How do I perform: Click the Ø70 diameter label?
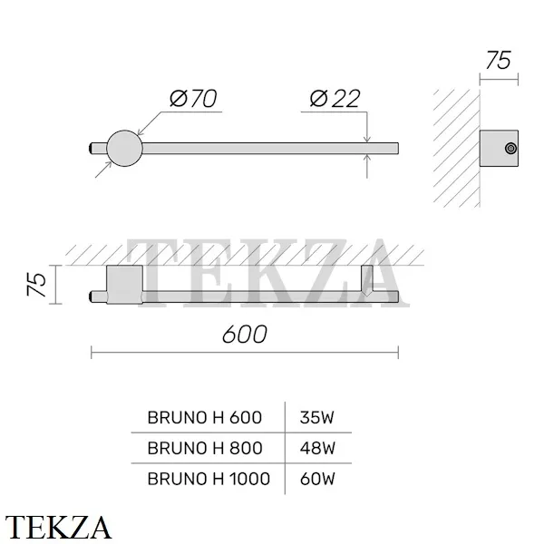(193, 99)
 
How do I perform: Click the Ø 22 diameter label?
(335, 99)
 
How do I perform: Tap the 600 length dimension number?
(245, 335)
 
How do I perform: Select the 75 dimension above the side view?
(499, 61)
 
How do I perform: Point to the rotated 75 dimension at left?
(37, 285)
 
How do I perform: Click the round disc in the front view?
(124, 149)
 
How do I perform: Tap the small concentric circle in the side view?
(510, 149)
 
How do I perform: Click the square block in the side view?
(499, 149)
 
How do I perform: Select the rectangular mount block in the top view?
(124, 285)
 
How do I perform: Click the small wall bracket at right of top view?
(367, 280)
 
